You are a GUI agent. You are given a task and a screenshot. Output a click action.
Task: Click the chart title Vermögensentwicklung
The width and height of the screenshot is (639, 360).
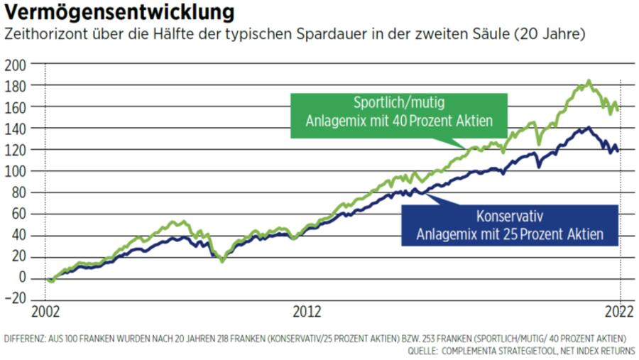(119, 13)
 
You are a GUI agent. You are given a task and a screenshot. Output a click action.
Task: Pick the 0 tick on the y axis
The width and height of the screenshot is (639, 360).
(22, 278)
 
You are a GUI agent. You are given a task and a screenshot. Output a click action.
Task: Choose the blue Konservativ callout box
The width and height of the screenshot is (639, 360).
(510, 224)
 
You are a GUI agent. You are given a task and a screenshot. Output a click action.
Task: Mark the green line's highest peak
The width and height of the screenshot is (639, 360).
(589, 81)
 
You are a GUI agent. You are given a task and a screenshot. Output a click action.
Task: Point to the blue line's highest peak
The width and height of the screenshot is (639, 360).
(587, 128)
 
